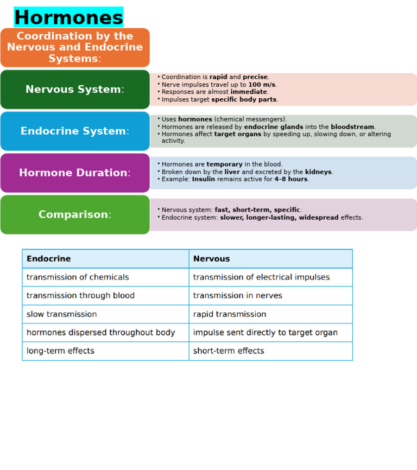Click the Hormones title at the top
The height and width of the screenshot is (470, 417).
click(x=68, y=17)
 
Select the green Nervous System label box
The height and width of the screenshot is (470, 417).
click(x=75, y=90)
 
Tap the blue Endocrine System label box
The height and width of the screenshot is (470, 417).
click(x=75, y=131)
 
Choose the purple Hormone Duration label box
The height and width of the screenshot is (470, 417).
click(x=75, y=173)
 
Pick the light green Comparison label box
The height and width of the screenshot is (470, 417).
click(x=75, y=215)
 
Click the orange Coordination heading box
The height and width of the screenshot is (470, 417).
click(x=75, y=48)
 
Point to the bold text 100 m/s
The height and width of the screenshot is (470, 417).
click(x=262, y=85)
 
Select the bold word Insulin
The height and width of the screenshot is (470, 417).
click(x=203, y=179)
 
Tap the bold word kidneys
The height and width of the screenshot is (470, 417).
click(x=318, y=172)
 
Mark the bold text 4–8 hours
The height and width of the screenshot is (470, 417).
click(x=291, y=179)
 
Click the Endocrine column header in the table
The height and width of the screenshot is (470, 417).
click(x=48, y=259)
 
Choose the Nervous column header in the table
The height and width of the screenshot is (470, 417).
click(x=211, y=259)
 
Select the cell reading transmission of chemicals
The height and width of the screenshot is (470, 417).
click(x=78, y=277)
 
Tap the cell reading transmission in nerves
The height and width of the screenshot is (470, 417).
click(x=237, y=296)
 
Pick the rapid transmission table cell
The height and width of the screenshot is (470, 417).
click(x=229, y=314)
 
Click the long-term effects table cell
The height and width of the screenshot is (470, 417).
click(x=60, y=351)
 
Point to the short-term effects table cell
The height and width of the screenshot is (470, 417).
click(x=229, y=351)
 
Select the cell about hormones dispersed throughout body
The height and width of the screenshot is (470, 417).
click(x=100, y=333)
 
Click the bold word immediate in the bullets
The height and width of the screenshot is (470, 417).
click(x=248, y=92)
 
